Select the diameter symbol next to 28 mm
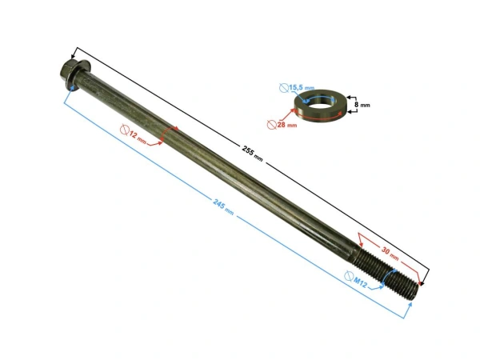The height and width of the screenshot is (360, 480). click(273, 123)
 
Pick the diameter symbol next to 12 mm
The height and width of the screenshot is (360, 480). click(125, 130)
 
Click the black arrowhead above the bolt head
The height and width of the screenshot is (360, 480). click(77, 51)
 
